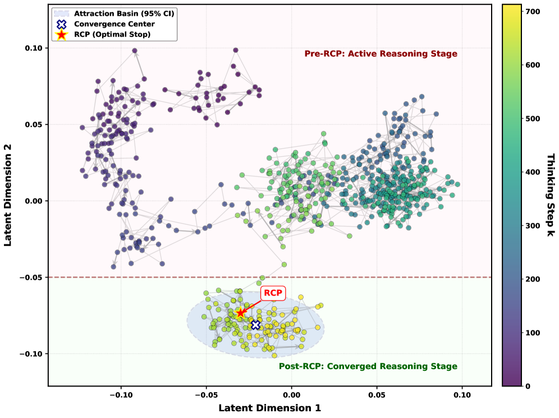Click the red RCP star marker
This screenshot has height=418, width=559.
(240, 313)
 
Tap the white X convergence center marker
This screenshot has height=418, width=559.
(255, 325)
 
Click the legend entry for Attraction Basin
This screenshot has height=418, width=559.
(125, 12)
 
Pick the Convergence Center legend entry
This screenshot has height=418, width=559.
(118, 24)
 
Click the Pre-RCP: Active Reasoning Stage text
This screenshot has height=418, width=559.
(381, 54)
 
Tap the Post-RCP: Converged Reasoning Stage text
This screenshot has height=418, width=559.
(368, 366)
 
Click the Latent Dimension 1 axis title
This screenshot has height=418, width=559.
(269, 408)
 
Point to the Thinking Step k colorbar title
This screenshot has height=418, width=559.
(551, 194)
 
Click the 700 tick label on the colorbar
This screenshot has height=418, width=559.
(534, 11)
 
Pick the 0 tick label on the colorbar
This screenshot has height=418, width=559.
(528, 386)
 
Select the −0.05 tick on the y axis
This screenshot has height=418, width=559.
(31, 278)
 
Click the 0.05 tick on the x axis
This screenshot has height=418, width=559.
(377, 395)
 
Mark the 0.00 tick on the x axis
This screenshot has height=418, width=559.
(292, 395)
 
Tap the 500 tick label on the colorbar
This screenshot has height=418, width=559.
(534, 119)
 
